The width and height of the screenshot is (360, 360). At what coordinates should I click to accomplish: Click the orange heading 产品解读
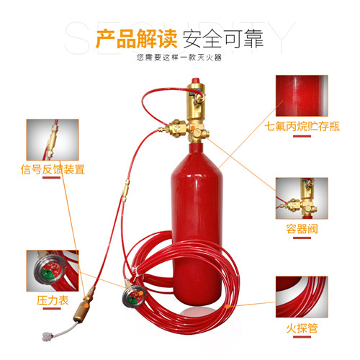136,39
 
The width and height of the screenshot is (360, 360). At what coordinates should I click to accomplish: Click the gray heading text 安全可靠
223,39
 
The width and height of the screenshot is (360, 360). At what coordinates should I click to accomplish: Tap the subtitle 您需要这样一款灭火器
179,58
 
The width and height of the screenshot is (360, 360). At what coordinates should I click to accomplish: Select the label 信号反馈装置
53,169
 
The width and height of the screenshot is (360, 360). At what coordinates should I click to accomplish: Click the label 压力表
53,300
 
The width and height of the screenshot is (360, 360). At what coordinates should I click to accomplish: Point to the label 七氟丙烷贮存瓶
302,126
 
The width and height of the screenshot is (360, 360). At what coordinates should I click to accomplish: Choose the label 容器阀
302,229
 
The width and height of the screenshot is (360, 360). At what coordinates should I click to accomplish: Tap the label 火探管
302,328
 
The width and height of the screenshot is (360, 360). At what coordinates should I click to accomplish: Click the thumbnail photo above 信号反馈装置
53,140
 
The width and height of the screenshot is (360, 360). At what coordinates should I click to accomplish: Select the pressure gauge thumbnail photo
53,271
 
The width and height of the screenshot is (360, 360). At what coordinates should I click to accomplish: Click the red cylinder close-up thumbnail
302,96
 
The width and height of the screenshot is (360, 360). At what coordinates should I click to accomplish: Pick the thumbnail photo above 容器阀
302,198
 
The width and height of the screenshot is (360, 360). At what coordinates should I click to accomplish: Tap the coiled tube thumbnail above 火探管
302,297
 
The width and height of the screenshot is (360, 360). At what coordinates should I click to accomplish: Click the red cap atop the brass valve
196,81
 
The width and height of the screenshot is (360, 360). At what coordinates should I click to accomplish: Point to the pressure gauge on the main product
134,295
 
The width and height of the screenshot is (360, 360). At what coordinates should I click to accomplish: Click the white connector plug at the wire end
46,336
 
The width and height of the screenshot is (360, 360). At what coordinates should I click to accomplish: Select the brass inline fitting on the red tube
125,190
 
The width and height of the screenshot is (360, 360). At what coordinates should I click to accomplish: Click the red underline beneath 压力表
52,309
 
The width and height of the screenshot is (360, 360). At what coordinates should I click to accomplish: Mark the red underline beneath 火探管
302,337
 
